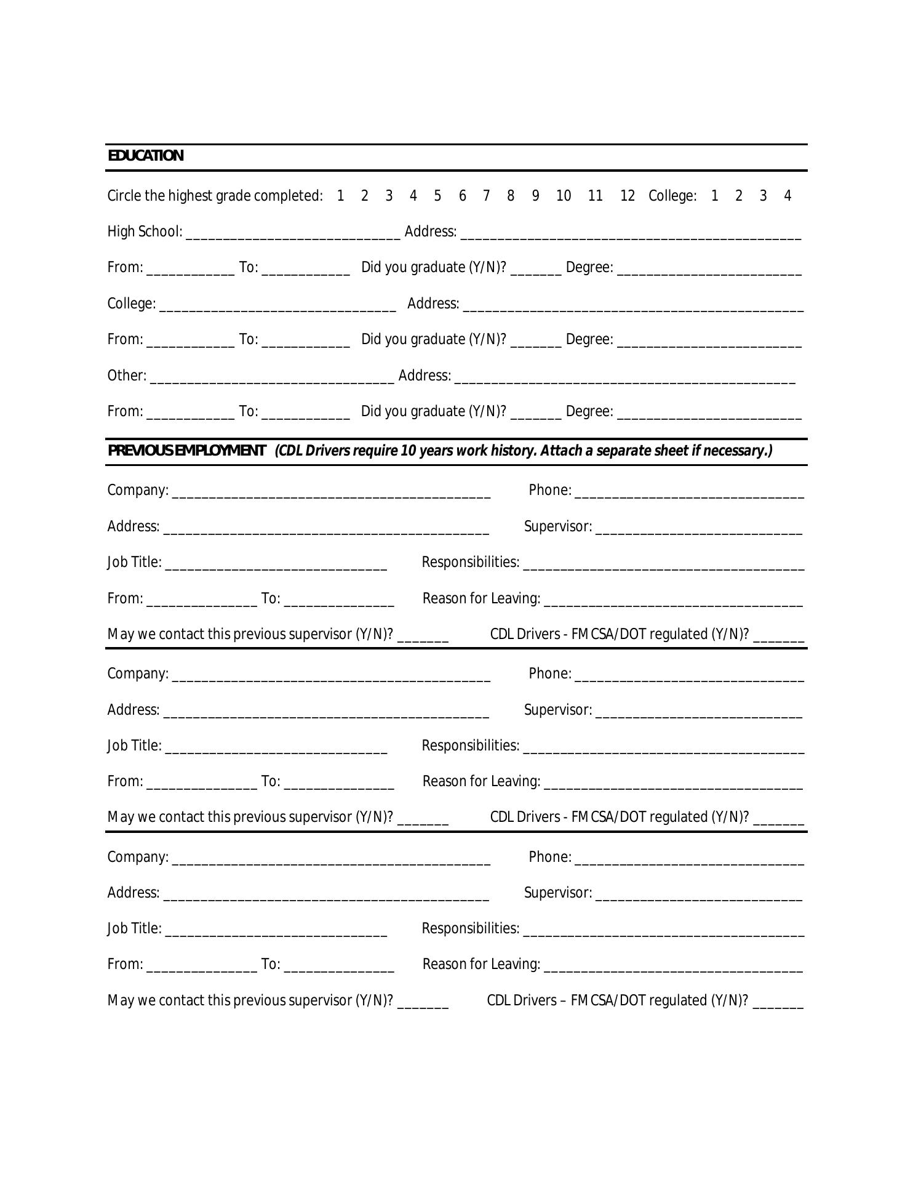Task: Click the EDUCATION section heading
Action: point(146,156)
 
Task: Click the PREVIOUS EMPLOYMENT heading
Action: point(187,451)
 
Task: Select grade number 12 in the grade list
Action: point(628,196)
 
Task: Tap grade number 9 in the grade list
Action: point(536,196)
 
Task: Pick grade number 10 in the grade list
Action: point(564,196)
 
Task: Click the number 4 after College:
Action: point(787,196)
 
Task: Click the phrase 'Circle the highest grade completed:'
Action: point(215,196)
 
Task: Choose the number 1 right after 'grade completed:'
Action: point(340,196)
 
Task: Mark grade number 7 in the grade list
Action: point(486,196)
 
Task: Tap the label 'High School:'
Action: point(145,232)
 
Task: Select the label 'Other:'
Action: point(127,376)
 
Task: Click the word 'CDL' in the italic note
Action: point(289,451)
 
